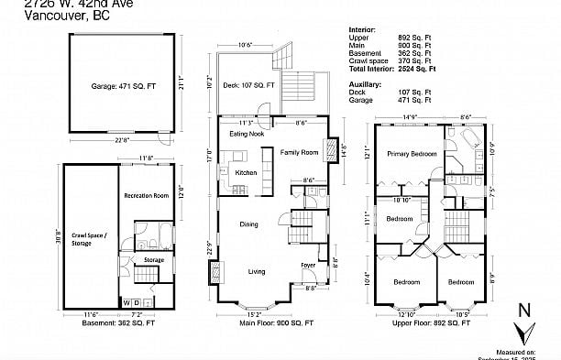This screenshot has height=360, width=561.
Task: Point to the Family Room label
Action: pyautogui.click(x=299, y=151)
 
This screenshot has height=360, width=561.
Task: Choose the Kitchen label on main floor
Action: pyautogui.click(x=247, y=173)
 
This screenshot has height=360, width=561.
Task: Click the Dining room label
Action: pyautogui.click(x=248, y=224)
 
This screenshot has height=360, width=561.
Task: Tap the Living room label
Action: pyautogui.click(x=257, y=271)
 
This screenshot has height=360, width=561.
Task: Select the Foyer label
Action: pyautogui.click(x=309, y=266)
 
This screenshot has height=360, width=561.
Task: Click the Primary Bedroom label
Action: pyautogui.click(x=410, y=154)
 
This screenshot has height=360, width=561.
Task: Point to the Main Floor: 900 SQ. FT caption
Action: pyautogui.click(x=276, y=322)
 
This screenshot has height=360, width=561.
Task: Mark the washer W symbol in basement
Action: pyautogui.click(x=127, y=301)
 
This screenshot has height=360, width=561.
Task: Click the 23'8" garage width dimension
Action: pyautogui.click(x=115, y=140)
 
